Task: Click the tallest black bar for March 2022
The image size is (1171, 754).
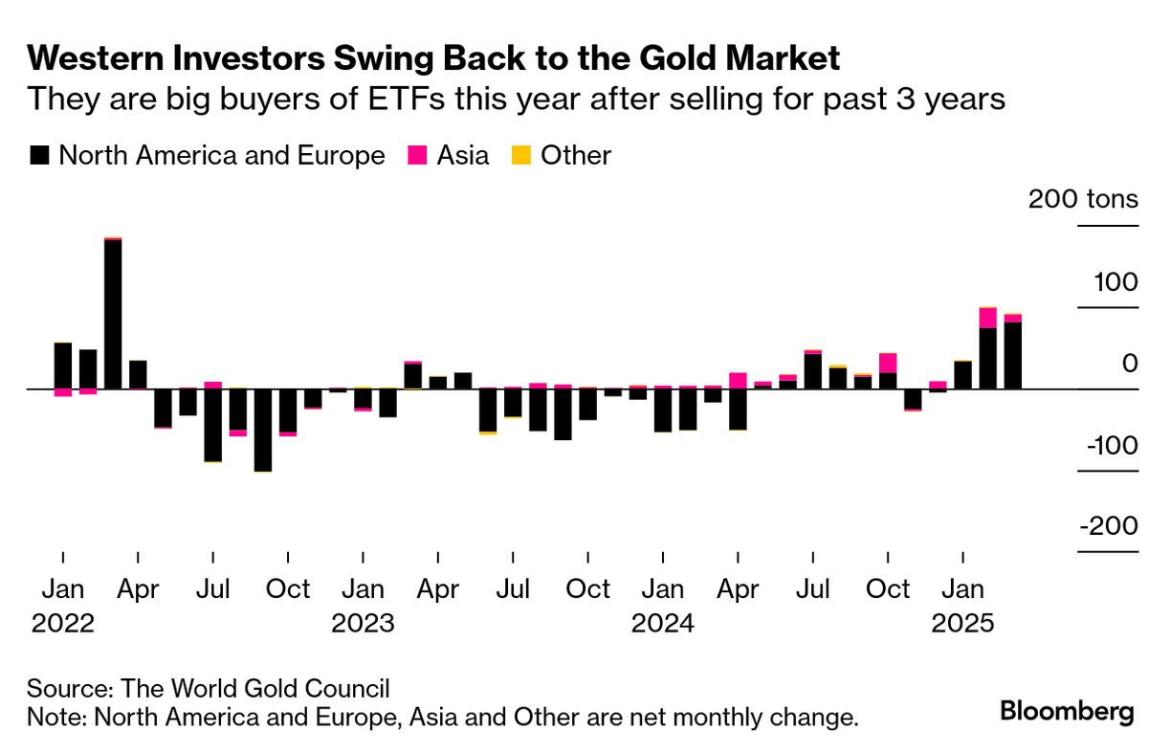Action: pyautogui.click(x=113, y=314)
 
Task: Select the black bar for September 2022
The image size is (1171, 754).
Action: pyautogui.click(x=262, y=430)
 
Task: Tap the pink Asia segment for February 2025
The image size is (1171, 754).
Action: pyautogui.click(x=988, y=318)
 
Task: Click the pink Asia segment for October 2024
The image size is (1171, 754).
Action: pyautogui.click(x=888, y=363)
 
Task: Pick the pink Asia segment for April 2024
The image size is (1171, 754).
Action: pyautogui.click(x=738, y=380)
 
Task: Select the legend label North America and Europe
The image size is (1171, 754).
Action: pyautogui.click(x=221, y=155)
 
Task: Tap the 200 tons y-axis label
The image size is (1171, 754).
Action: pyautogui.click(x=1083, y=200)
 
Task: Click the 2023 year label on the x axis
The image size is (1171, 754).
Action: pyautogui.click(x=363, y=623)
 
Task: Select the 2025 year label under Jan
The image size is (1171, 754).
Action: pyautogui.click(x=963, y=623)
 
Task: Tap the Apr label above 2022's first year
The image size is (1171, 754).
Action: pyautogui.click(x=138, y=589)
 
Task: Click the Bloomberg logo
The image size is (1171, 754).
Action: pyautogui.click(x=1067, y=711)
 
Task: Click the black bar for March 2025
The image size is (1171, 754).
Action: pyautogui.click(x=1013, y=356)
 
